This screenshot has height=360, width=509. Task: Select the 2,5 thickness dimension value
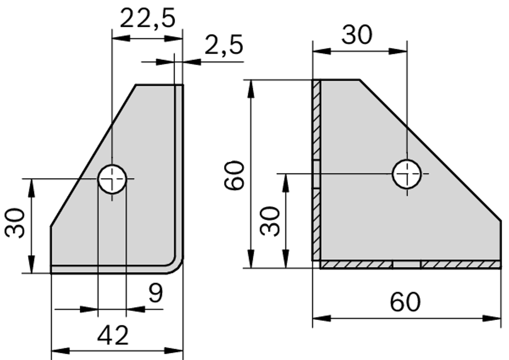(224, 45)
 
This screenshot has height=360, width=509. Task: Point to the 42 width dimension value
(113, 336)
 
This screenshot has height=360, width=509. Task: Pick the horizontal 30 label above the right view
(357, 35)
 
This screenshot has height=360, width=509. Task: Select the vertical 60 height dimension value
(233, 175)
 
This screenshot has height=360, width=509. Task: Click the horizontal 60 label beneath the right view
(405, 302)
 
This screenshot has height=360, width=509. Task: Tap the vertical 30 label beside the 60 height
(271, 221)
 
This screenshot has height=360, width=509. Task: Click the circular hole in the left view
(112, 179)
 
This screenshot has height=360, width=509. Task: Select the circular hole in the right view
(407, 173)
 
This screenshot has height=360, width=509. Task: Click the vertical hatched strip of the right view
(316, 170)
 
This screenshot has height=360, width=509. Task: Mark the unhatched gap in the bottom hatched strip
(406, 264)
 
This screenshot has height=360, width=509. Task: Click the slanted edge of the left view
(93, 155)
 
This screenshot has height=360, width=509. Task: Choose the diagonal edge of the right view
(430, 150)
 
